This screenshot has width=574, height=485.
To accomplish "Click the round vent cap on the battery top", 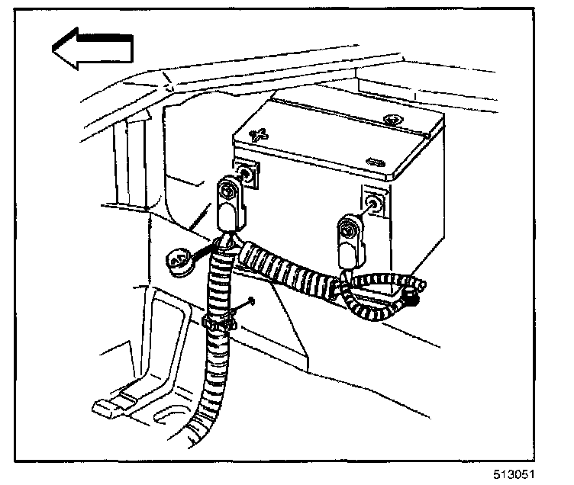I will [x=395, y=120].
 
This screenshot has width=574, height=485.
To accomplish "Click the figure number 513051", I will [x=526, y=474].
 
